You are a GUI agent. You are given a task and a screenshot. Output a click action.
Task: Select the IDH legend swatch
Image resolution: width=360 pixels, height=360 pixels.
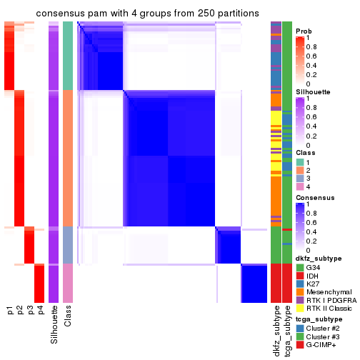point(300,275)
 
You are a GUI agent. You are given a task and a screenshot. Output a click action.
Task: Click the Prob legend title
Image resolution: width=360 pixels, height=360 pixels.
point(304,31)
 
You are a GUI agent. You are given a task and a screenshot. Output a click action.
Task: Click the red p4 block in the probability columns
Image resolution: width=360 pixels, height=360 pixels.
point(40,283)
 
